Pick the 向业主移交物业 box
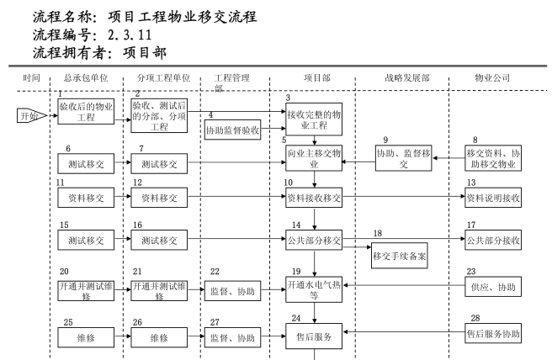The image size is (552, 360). pyautogui.click(x=314, y=159)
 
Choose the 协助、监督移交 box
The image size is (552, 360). pyautogui.click(x=402, y=159)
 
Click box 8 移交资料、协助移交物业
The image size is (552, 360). pyautogui.click(x=494, y=158)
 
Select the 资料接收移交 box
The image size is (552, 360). pyautogui.click(x=314, y=199)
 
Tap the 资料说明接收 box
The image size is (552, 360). pyautogui.click(x=494, y=199)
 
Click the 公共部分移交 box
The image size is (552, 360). pyautogui.click(x=314, y=240)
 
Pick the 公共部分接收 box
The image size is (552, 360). pyautogui.click(x=494, y=240)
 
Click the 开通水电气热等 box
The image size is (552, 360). pyautogui.click(x=314, y=290)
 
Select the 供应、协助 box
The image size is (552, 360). pyautogui.click(x=494, y=288)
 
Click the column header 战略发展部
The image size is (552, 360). pyautogui.click(x=402, y=78)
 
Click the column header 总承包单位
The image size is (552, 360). pyautogui.click(x=84, y=78)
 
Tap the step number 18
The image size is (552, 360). pyautogui.click(x=378, y=233)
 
